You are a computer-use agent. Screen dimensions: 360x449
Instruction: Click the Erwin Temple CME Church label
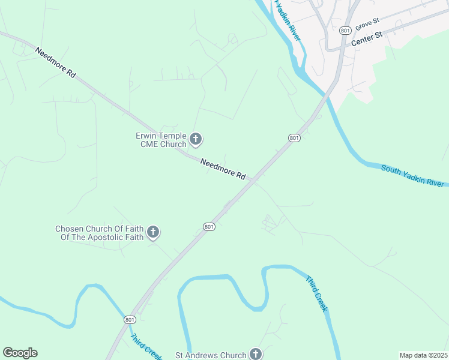click(x=161, y=140)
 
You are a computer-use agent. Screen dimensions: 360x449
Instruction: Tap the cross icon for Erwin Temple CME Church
click(x=196, y=140)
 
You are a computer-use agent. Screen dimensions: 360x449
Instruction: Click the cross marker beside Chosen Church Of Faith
click(x=153, y=232)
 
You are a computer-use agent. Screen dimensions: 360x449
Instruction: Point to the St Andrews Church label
click(x=210, y=355)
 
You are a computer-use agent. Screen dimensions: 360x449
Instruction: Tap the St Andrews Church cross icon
click(x=256, y=354)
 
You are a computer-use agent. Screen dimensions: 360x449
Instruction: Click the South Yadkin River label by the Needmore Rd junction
click(x=414, y=176)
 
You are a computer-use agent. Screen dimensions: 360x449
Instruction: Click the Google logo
click(x=20, y=353)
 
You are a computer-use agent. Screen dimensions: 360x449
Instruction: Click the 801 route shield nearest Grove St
click(x=345, y=30)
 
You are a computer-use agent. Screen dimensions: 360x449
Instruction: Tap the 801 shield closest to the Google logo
click(x=130, y=320)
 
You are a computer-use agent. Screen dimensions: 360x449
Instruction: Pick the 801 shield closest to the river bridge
click(x=294, y=138)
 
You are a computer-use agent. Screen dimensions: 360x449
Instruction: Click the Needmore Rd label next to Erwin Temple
click(x=223, y=169)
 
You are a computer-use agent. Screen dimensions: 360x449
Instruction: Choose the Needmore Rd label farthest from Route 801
click(x=55, y=62)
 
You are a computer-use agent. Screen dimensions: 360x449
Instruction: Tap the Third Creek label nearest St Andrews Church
click(x=145, y=347)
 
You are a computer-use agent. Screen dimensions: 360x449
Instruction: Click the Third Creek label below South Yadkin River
click(x=316, y=293)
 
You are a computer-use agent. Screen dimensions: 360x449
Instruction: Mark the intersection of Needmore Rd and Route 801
click(x=255, y=181)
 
